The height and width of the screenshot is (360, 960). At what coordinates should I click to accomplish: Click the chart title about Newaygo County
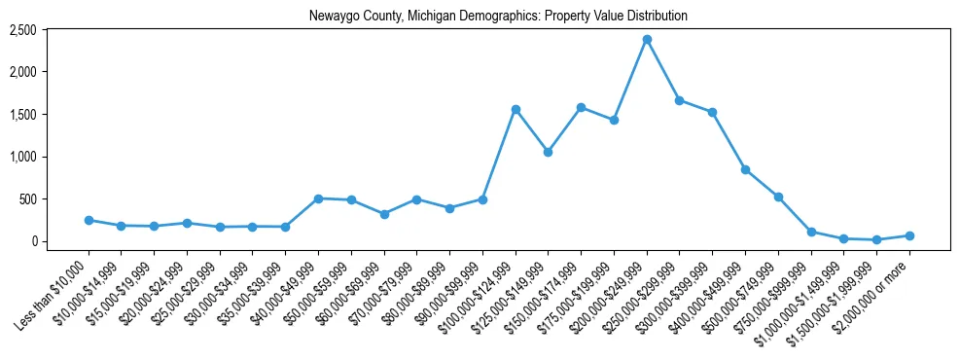[x=498, y=16]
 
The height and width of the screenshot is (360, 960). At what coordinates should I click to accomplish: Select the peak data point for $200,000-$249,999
[x=647, y=40]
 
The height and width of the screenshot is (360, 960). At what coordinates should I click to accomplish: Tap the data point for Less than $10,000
[x=89, y=220]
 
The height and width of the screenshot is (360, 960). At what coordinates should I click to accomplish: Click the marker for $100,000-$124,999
[x=516, y=109]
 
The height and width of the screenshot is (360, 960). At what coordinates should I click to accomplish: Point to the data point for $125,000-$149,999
[x=549, y=152]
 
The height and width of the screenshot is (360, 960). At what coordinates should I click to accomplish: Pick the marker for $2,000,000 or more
[x=909, y=235]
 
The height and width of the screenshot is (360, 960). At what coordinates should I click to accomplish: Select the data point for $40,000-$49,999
[x=318, y=198]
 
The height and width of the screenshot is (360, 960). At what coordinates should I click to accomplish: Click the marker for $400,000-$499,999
[x=745, y=169]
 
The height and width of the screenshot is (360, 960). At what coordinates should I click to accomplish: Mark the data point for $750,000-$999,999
[x=811, y=232]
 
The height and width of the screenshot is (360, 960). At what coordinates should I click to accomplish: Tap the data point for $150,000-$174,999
[x=581, y=107]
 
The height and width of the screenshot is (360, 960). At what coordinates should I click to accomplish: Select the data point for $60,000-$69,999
[x=384, y=214]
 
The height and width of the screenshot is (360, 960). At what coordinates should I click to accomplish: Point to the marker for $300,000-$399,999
[x=712, y=112]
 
